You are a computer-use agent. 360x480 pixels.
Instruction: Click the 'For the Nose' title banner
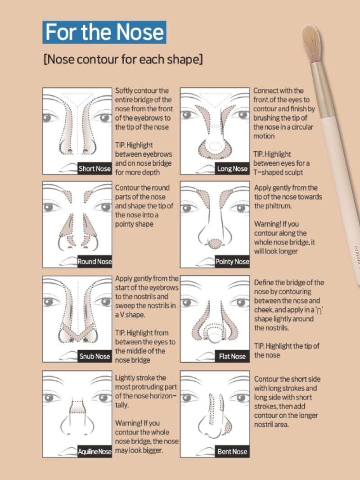[x=104, y=32]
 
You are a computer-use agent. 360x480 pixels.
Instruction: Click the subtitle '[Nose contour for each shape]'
[x=123, y=59]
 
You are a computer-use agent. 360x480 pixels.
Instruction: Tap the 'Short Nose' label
[x=94, y=169]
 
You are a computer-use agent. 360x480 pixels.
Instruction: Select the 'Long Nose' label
[x=232, y=169]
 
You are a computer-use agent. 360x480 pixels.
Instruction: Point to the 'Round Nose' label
[x=94, y=262]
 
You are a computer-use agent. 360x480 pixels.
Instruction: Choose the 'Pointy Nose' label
[x=232, y=262]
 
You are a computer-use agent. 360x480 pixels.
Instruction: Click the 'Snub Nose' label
[x=94, y=356]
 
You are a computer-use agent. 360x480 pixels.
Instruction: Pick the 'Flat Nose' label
[x=232, y=356]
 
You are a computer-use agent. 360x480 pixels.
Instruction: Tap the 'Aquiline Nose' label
[x=94, y=452]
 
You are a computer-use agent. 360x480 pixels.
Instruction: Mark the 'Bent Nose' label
[x=232, y=452]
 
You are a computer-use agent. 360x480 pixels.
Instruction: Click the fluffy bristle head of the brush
[x=311, y=43]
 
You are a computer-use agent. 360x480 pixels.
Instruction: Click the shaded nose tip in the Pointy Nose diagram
[x=215, y=244]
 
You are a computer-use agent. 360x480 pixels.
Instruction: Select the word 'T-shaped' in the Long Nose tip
[x=269, y=172]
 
